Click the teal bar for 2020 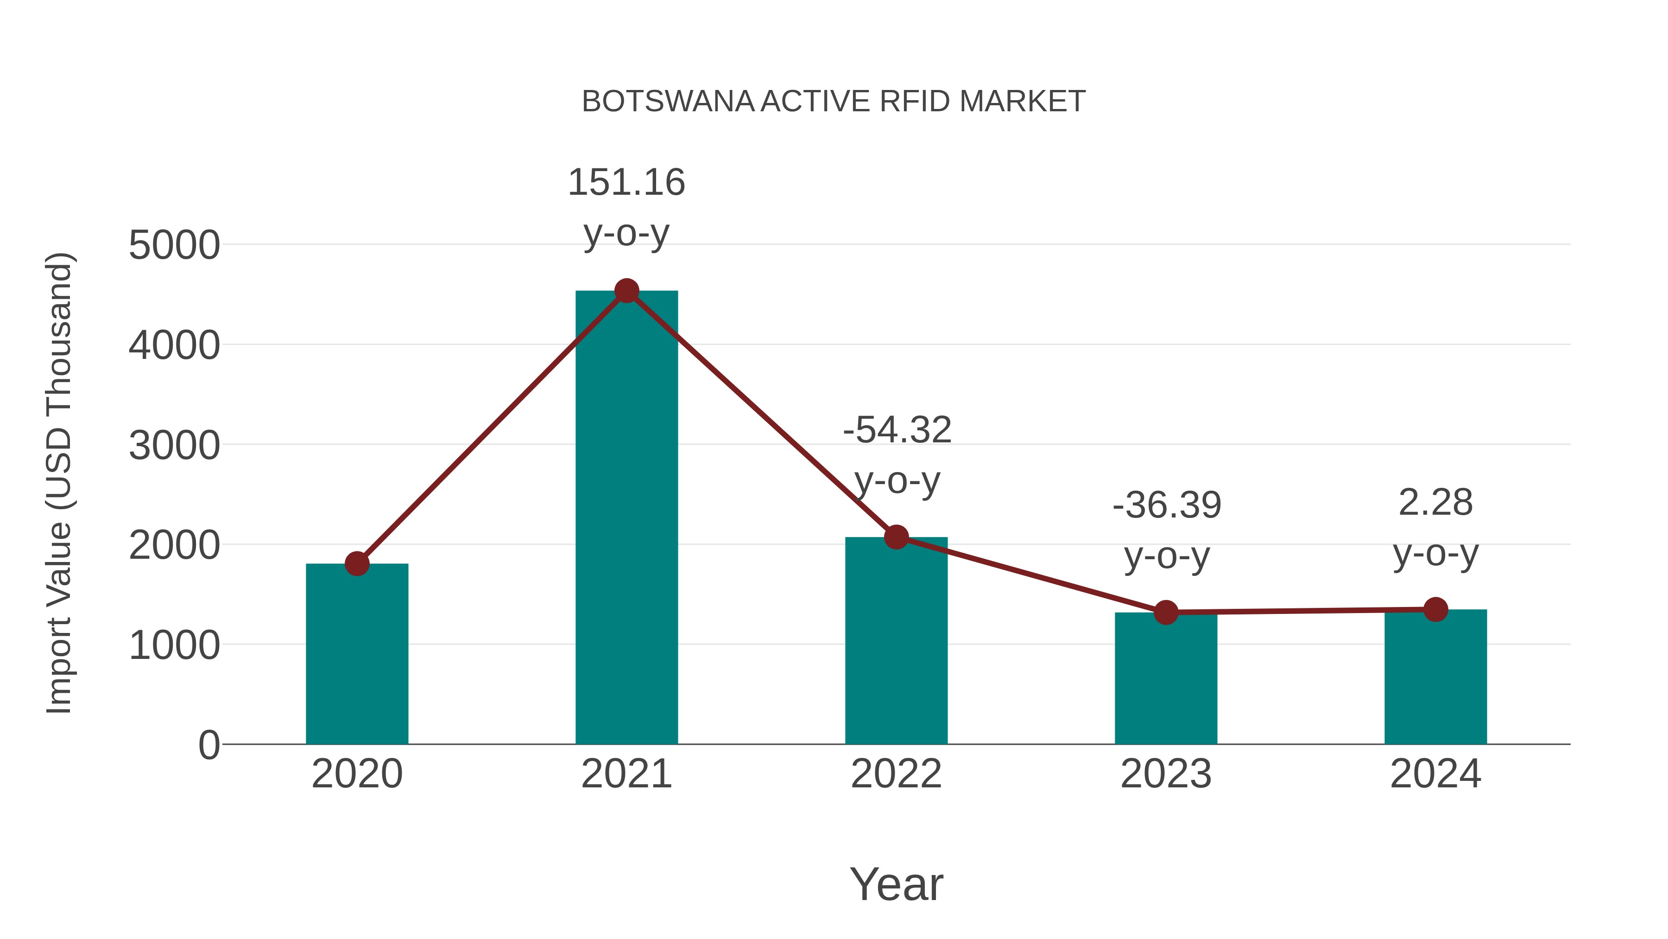pos(357,654)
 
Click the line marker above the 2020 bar pos(357,564)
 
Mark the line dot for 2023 pos(1166,613)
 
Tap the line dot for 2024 pos(1435,610)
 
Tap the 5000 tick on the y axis pos(174,246)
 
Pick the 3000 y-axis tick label pos(174,446)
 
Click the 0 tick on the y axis pos(208,745)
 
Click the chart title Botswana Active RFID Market pos(834,102)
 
